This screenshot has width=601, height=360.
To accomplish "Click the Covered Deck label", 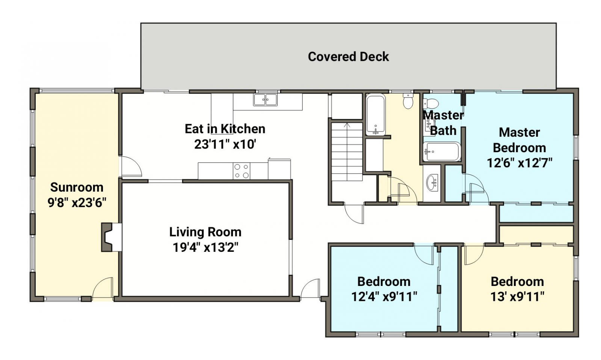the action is pyautogui.click(x=348, y=57).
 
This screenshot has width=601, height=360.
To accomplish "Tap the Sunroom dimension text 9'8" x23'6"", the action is pyautogui.click(x=77, y=203).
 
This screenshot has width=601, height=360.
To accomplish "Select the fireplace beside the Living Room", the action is pyautogui.click(x=111, y=237).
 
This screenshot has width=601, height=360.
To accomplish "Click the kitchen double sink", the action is pyautogui.click(x=265, y=100).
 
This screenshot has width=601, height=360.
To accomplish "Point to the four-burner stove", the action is pyautogui.click(x=242, y=171).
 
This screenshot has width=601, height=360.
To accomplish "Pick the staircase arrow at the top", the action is pyautogui.click(x=347, y=125).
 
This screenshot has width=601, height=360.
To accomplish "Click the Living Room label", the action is pyautogui.click(x=205, y=232).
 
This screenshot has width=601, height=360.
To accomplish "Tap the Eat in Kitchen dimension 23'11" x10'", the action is pyautogui.click(x=225, y=144).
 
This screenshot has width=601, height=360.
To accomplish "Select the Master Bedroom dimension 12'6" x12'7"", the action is pyautogui.click(x=519, y=163).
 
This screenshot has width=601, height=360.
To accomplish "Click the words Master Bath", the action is pyautogui.click(x=443, y=123).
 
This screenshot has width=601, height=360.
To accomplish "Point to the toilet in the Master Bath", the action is pyautogui.click(x=430, y=103).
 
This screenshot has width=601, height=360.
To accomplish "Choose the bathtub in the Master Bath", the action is pyautogui.click(x=442, y=152).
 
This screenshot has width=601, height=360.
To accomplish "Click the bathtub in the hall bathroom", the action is pyautogui.click(x=376, y=115).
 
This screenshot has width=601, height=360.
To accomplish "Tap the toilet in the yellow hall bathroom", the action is pyautogui.click(x=408, y=101).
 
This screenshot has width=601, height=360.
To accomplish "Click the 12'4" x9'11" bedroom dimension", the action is pyautogui.click(x=384, y=297).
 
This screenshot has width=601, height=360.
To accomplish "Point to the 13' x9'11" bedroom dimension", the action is pyautogui.click(x=517, y=297).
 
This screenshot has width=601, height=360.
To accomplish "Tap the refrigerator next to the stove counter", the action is pyautogui.click(x=279, y=169).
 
